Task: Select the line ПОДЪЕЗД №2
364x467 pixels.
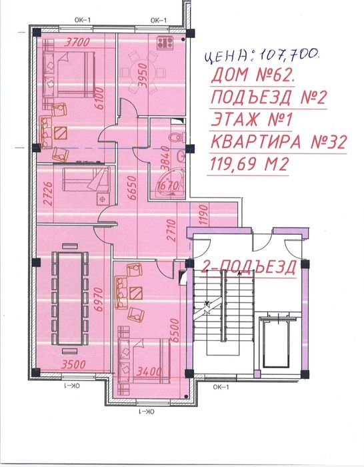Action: [269, 97]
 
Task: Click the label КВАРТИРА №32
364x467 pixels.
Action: [279, 141]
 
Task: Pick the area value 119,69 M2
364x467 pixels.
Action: [250, 164]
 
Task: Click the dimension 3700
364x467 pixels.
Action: [77, 42]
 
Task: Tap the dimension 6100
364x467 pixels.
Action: [100, 98]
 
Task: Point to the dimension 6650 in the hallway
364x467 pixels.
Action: [131, 188]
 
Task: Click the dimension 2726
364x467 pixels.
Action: [48, 193]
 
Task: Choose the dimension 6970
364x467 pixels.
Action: [99, 300]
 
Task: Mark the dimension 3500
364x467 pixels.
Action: [73, 364]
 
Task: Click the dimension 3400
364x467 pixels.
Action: [149, 372]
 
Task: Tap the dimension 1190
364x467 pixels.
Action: [203, 214]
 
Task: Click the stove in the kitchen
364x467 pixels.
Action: [165, 43]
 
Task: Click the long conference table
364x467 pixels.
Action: [70, 298]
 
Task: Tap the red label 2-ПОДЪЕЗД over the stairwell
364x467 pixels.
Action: [249, 267]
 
